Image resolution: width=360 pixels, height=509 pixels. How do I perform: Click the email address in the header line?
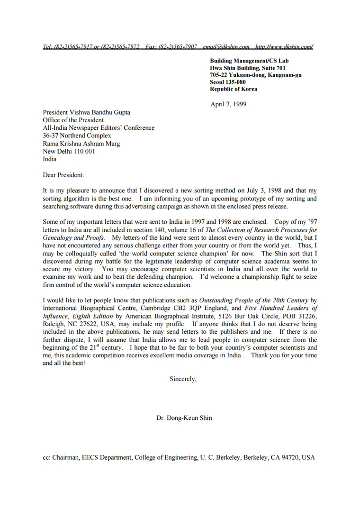click(x=226, y=47)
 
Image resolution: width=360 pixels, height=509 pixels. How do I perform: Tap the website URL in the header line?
click(x=284, y=47)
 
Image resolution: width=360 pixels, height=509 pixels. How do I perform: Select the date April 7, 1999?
click(x=228, y=104)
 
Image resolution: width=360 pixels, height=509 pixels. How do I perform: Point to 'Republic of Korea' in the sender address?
click(x=234, y=89)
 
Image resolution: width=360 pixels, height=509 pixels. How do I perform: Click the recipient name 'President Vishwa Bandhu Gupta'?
click(x=86, y=113)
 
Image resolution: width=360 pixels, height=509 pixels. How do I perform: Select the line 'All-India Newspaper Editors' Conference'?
click(x=99, y=128)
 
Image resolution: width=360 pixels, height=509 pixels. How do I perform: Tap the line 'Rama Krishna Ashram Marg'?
click(x=81, y=144)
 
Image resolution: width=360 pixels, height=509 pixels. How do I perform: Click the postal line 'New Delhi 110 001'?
click(x=69, y=152)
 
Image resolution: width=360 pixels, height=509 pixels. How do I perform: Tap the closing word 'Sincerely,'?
click(x=183, y=379)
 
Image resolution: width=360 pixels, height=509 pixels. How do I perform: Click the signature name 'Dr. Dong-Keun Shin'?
click(x=184, y=418)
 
